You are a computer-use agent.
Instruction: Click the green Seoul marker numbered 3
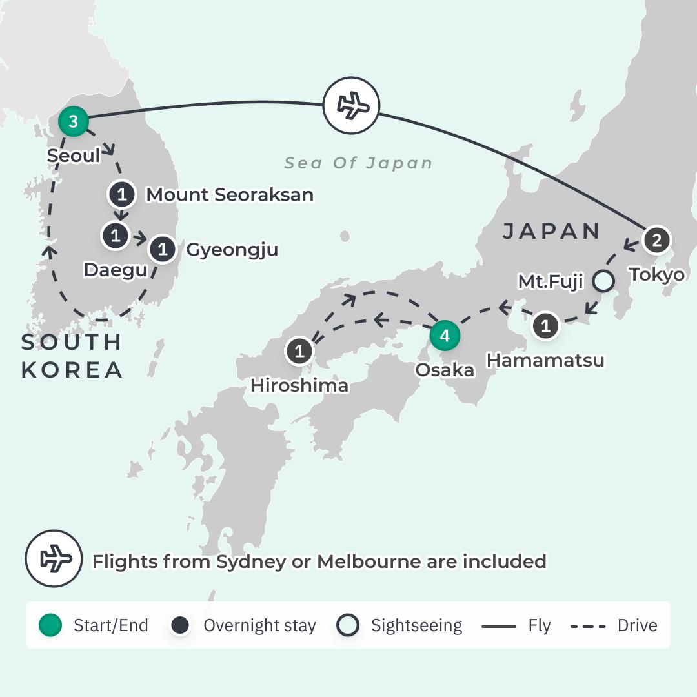coord(73,121)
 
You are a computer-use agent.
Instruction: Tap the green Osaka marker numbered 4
coord(445,336)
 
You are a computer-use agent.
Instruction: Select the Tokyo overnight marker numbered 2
coord(657,240)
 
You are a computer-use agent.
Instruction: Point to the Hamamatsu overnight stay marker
coord(546,326)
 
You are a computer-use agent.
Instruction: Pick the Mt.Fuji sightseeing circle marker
coord(603,281)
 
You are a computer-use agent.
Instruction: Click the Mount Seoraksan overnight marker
coord(123,194)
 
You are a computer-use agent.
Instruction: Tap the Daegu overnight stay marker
coord(116,236)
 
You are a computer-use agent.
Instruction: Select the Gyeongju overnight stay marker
coord(163,248)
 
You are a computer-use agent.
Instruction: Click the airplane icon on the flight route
coord(351,105)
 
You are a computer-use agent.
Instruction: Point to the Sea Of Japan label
coord(359,163)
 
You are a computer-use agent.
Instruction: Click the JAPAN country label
coord(552,231)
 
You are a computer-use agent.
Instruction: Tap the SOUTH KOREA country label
coord(72,356)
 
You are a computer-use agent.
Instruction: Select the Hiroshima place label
coord(299,385)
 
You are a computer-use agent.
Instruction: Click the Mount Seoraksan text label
coord(230,194)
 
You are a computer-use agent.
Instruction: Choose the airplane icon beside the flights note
coord(54,559)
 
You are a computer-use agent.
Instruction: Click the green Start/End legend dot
coord(50,625)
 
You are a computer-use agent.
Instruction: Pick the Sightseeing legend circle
coord(348,625)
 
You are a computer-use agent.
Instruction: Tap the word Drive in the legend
coord(637,625)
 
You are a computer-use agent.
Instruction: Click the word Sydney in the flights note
coord(250,561)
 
